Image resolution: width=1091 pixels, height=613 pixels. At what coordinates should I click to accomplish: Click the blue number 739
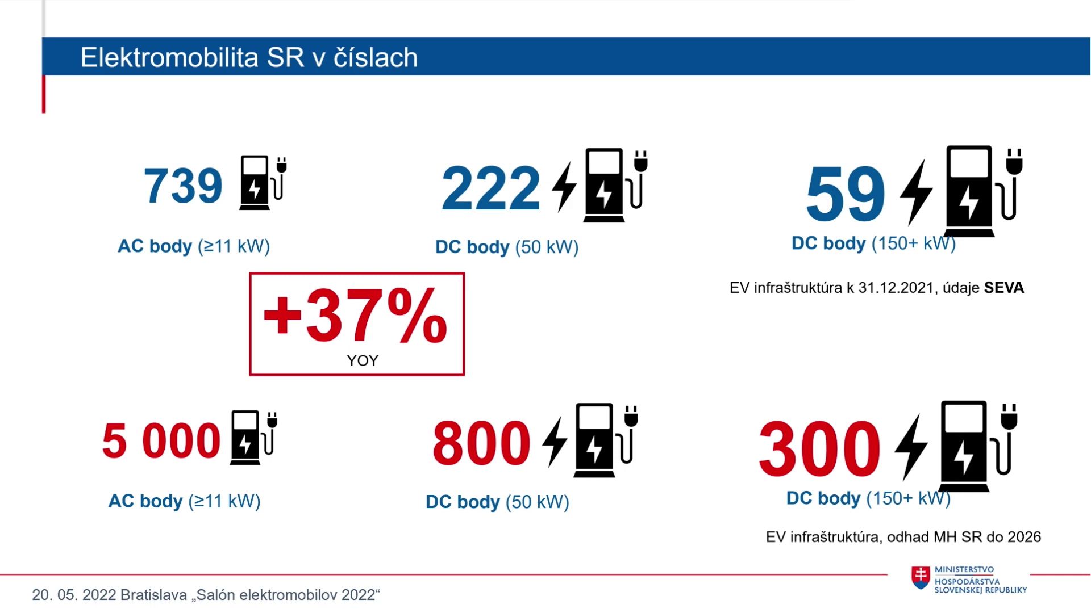(183, 186)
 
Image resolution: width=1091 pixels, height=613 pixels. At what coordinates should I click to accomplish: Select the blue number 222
(490, 188)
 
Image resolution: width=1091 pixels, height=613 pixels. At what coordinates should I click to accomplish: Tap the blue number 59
(846, 194)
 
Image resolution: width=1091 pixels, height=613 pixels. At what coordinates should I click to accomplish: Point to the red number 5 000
(161, 440)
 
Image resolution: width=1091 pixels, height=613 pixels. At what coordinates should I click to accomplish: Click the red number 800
(481, 443)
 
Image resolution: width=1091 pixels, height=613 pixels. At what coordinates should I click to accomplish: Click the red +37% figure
(356, 316)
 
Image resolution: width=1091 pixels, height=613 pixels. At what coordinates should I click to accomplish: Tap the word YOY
(363, 360)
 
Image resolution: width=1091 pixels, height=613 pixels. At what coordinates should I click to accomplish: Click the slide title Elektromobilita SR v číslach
(249, 57)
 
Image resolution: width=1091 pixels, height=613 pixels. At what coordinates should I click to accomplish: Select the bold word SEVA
(1004, 288)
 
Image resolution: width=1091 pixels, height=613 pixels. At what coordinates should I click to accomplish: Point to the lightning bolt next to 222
(565, 186)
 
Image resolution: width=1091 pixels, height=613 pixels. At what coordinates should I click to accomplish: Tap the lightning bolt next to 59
(916, 192)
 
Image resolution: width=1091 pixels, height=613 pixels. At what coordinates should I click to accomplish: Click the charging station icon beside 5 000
(253, 437)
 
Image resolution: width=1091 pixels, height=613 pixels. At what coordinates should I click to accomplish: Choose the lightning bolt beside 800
(555, 442)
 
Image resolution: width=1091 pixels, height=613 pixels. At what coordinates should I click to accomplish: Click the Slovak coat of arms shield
(921, 577)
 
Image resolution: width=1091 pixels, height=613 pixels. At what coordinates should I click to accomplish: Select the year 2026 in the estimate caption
(1024, 537)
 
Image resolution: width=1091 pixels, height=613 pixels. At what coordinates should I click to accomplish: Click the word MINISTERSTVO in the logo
(964, 570)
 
